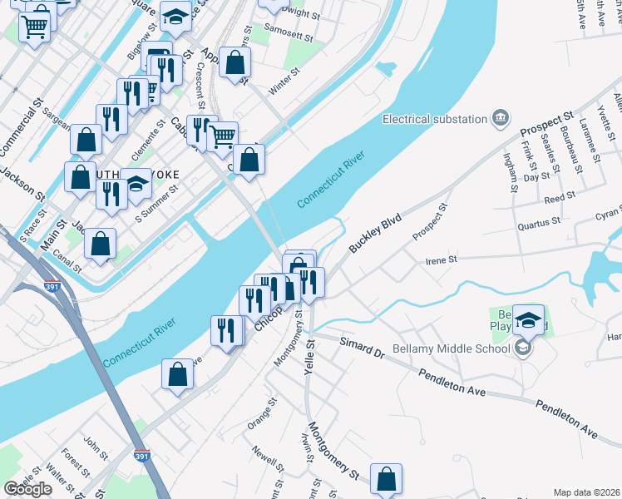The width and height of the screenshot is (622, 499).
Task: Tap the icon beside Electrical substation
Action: pyautogui.click(x=501, y=117)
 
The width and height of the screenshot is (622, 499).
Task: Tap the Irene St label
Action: pyautogui.click(x=442, y=260)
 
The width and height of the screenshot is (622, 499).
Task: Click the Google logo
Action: pyautogui.click(x=27, y=489)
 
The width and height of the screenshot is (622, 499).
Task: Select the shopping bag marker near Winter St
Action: pyautogui.click(x=236, y=62)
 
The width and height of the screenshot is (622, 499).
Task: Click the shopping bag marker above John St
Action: pyautogui.click(x=178, y=374)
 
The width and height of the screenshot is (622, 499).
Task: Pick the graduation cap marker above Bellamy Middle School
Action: pyautogui.click(x=528, y=319)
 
